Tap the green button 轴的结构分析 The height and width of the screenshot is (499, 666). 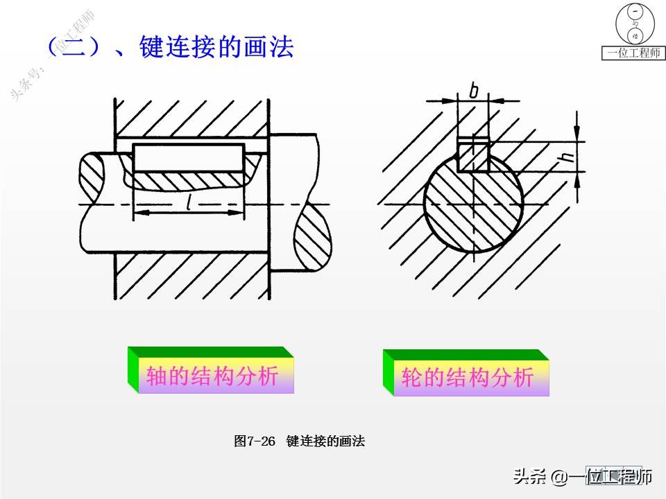212,376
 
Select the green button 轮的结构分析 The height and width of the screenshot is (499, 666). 468,377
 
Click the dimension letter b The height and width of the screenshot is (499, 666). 474,89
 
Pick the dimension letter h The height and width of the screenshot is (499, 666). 568,157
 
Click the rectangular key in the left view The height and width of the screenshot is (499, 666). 189,158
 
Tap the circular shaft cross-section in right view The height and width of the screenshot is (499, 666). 474,208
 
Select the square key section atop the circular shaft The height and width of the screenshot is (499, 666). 474,155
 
